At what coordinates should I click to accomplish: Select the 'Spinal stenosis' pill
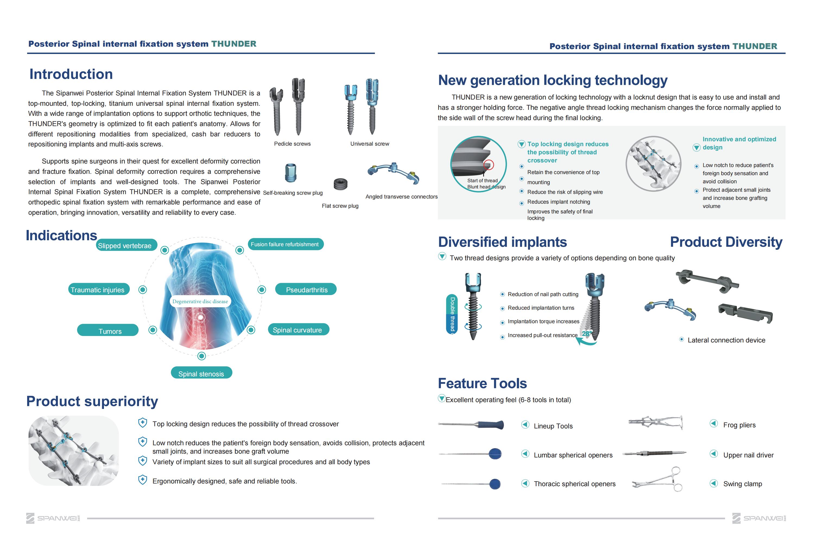pos(201,373)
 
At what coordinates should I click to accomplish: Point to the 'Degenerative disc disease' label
pos(200,301)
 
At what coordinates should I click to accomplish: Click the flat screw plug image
pos(340,184)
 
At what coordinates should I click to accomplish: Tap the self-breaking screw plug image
pos(291,173)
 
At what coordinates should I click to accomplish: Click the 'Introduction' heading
pos(71,74)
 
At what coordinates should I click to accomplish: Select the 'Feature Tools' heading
pos(482,383)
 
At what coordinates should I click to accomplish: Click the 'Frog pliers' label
pos(739,425)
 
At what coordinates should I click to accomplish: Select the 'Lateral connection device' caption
pos(726,340)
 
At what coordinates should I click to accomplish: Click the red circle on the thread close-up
pos(488,165)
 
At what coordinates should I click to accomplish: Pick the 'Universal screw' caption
pos(369,144)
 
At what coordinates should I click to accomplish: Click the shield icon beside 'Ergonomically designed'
pos(143,480)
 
